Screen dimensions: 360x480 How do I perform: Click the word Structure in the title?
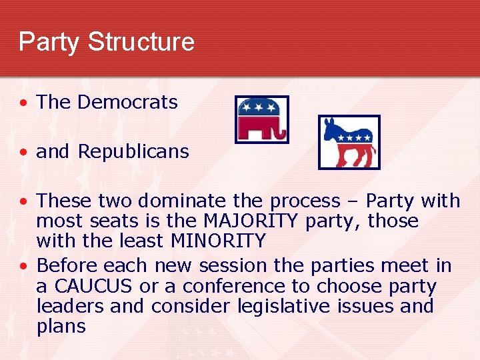point(141,41)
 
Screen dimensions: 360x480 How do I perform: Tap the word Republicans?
point(133,151)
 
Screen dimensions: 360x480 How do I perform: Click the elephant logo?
point(262,119)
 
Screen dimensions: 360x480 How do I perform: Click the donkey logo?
point(349,142)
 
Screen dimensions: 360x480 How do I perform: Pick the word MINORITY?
point(217,240)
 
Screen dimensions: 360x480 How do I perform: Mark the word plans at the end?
point(61,326)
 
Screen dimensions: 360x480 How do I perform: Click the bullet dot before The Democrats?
point(24,103)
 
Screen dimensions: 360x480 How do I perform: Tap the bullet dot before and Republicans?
point(24,153)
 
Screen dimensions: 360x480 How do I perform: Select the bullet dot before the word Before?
point(24,267)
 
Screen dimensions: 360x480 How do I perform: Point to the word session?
point(232,266)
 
